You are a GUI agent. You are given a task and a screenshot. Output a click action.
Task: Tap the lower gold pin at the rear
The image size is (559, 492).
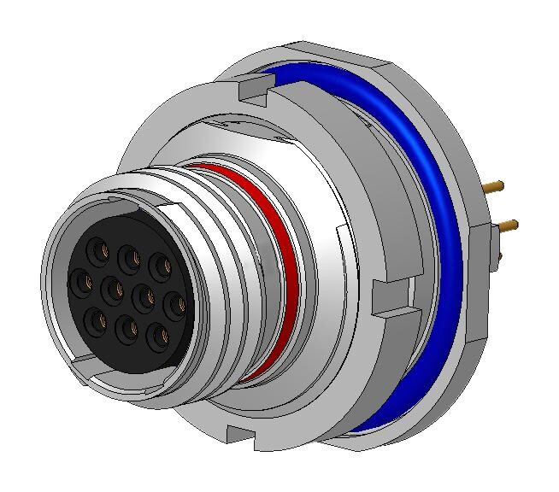504,225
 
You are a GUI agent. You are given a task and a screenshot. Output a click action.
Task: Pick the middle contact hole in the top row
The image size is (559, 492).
130,255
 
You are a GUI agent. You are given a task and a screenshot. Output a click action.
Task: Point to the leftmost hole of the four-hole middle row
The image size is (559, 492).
82,278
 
